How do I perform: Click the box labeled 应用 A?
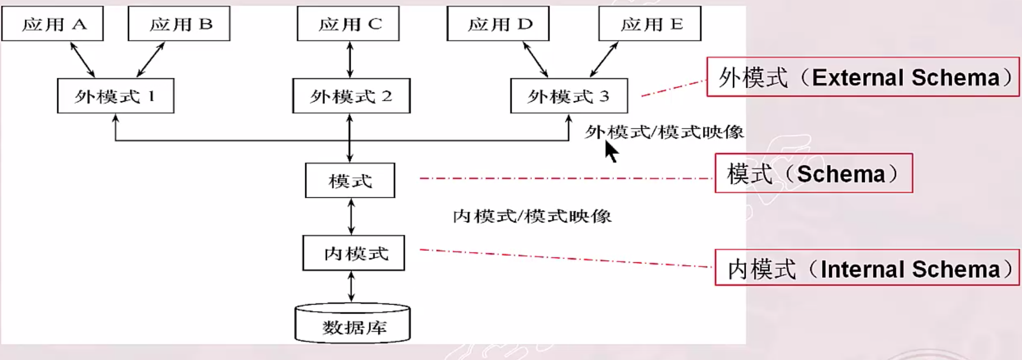coord(53,23)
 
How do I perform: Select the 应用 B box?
coord(179,23)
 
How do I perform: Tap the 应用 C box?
coord(348,23)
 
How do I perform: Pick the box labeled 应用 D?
coord(498,23)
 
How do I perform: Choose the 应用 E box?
coord(650,23)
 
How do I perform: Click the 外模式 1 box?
coord(116,96)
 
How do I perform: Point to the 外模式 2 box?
coord(351,96)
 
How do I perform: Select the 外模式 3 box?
coord(569,96)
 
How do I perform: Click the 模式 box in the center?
coord(350,181)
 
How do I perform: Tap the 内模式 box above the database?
coord(353,253)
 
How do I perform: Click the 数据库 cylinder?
coord(353,324)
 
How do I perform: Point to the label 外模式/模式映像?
coord(664,132)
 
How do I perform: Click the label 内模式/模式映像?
coord(532,216)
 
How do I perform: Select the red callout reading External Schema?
coord(863,77)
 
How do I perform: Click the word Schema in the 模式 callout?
coord(841,174)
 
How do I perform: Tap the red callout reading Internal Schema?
coord(867,268)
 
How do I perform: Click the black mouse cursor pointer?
coord(611,151)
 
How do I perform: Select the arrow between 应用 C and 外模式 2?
coord(350,59)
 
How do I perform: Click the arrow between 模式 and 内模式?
coord(351,216)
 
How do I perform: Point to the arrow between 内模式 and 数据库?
coord(351,287)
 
